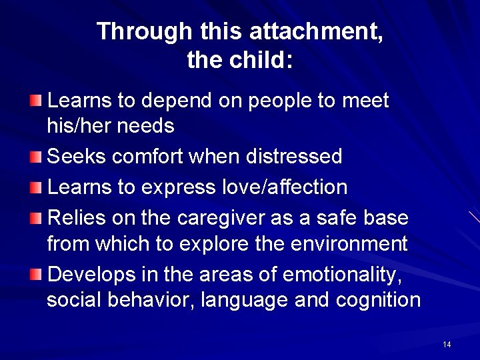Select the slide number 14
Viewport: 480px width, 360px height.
(446, 344)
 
